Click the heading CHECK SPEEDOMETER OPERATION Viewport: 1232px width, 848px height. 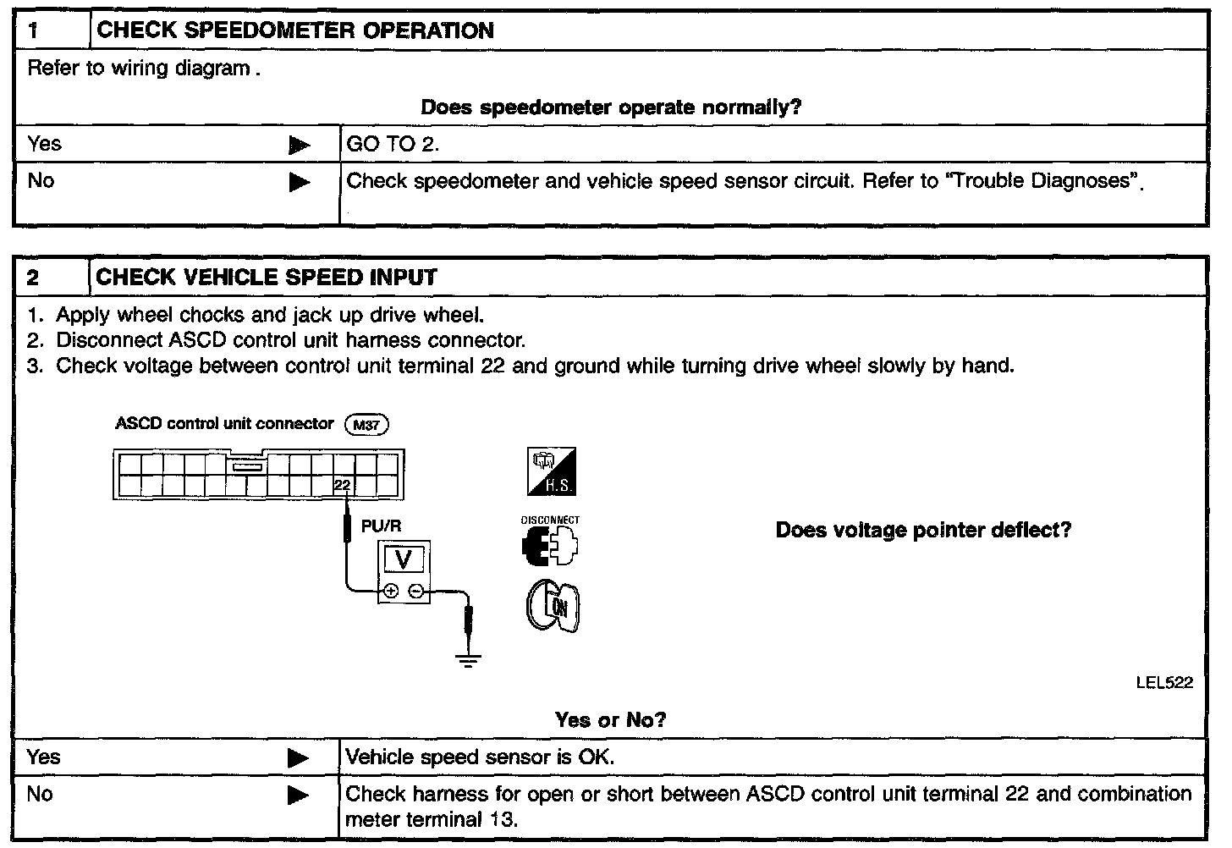(x=294, y=30)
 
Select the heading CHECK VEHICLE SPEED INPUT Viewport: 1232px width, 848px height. (x=267, y=278)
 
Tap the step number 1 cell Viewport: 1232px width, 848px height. (x=51, y=31)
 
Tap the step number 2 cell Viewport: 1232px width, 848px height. (x=51, y=278)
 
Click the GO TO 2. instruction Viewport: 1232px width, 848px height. (x=393, y=144)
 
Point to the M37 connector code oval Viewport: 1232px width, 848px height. (x=366, y=425)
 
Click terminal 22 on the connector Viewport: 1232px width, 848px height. (x=342, y=485)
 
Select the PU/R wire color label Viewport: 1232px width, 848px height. (x=381, y=526)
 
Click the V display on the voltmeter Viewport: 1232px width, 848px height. (x=404, y=559)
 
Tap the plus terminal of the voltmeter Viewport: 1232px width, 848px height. (x=390, y=592)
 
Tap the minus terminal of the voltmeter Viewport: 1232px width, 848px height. (x=416, y=592)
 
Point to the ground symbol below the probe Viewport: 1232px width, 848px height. (x=468, y=659)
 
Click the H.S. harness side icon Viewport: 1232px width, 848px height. (x=552, y=471)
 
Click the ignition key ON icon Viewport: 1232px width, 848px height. (x=553, y=607)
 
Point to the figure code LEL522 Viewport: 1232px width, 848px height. (x=1164, y=683)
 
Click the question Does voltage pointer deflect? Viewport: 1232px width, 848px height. (x=923, y=531)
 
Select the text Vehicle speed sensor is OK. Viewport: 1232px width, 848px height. (x=480, y=757)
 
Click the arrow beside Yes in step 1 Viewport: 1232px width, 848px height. (x=299, y=146)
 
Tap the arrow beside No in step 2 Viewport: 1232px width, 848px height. (x=299, y=796)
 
